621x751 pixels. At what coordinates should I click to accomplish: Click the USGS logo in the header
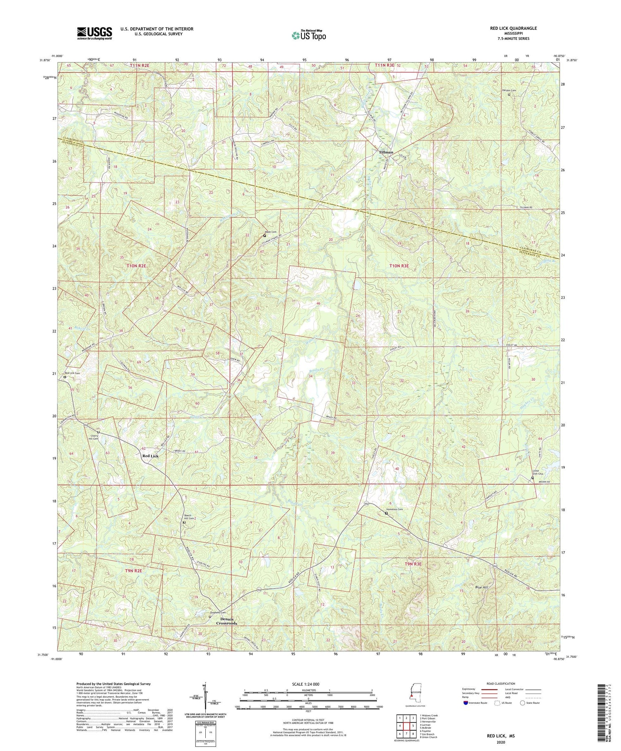point(94,33)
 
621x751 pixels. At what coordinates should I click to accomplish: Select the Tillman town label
point(386,152)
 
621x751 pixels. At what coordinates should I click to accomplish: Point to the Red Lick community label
point(150,456)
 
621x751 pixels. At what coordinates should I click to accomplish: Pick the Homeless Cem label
point(394,510)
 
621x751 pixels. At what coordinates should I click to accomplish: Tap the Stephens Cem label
point(218,613)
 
